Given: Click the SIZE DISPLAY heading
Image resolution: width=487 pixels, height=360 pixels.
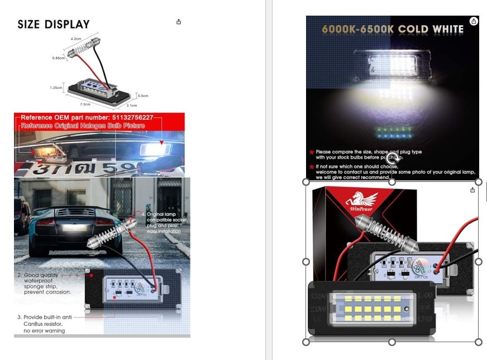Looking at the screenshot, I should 54,25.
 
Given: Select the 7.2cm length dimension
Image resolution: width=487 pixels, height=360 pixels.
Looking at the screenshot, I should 85,104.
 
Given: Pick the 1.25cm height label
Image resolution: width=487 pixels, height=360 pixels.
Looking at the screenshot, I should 56,88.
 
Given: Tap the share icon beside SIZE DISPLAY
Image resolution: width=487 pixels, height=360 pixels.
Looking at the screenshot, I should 179,22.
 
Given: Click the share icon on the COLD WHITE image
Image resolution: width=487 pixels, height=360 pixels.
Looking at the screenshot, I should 474,21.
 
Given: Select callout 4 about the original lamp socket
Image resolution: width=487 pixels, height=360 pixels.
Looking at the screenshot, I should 165,223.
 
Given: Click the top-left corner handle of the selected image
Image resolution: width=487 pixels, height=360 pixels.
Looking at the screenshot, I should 306,182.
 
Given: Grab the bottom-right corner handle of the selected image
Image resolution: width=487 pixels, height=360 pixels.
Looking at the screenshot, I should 478,342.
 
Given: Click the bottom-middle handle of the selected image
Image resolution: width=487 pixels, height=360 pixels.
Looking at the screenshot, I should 392,342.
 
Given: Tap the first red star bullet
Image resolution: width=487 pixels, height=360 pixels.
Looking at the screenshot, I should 311,152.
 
